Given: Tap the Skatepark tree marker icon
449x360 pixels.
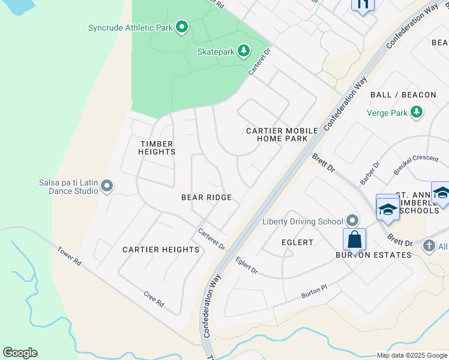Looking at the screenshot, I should tap(243, 52).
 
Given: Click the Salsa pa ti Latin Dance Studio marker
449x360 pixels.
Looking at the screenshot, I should tap(107, 186).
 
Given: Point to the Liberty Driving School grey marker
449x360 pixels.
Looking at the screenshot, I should tap(352, 221).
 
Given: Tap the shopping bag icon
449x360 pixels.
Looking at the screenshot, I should tap(355, 240).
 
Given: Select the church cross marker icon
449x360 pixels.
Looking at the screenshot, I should tap(429, 245).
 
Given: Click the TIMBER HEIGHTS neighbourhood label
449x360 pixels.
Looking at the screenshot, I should tap(157, 148).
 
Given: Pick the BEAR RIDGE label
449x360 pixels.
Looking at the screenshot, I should tap(206, 197).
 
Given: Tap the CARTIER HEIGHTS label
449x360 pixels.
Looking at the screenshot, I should tap(161, 250).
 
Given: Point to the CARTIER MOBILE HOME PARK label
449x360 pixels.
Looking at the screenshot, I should tap(277, 134).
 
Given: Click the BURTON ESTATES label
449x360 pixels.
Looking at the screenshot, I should tap(373, 255).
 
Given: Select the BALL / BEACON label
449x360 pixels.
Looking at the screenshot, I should tap(403, 95).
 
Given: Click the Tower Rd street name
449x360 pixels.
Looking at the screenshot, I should tap(70, 256).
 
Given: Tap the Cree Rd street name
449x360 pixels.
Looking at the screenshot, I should tap(154, 299).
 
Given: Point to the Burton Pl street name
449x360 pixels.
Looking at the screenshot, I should tap(315, 293).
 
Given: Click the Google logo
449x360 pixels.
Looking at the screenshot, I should tap(20, 353).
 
